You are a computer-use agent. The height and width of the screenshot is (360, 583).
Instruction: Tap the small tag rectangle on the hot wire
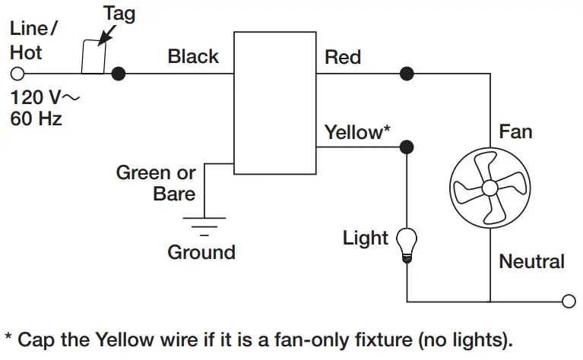click(93, 57)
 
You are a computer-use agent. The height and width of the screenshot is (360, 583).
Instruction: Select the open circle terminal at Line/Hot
click(17, 74)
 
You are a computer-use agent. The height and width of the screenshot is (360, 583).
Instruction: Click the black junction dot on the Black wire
click(118, 74)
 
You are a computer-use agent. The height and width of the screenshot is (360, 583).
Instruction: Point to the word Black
click(193, 56)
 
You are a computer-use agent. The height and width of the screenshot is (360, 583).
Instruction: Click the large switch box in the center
click(274, 103)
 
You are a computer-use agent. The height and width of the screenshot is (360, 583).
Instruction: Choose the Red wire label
click(343, 57)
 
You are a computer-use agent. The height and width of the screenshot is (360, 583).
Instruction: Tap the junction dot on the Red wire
click(407, 74)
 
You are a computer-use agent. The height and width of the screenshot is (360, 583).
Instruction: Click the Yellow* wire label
click(357, 132)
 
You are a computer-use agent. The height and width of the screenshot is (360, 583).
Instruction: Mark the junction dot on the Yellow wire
click(407, 147)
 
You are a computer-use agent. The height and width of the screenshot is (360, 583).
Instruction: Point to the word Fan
click(515, 132)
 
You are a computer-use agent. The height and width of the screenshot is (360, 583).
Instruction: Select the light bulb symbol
click(407, 245)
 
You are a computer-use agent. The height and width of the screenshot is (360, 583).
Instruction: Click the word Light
click(366, 238)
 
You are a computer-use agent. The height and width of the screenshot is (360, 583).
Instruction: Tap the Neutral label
click(531, 262)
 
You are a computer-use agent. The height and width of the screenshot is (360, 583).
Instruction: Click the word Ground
click(201, 251)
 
